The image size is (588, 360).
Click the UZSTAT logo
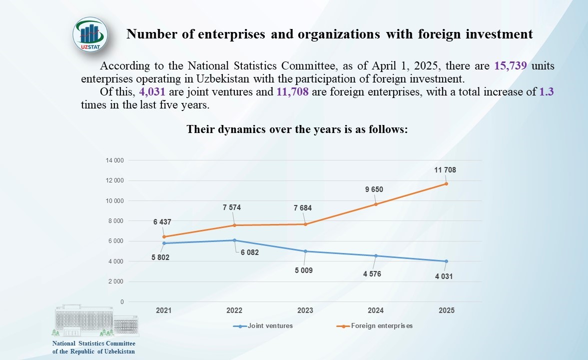[x=90, y=35]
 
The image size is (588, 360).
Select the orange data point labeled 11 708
[x=446, y=183]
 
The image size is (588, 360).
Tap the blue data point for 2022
[x=234, y=240]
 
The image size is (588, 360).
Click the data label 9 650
[x=373, y=189]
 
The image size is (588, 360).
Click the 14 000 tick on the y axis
[x=114, y=160]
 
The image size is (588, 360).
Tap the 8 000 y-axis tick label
[x=116, y=221]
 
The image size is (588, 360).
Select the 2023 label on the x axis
[x=305, y=310]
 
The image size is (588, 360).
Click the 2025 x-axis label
[x=446, y=310]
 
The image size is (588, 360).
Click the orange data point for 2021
[x=164, y=236]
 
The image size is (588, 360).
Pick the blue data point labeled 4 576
[x=376, y=256]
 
